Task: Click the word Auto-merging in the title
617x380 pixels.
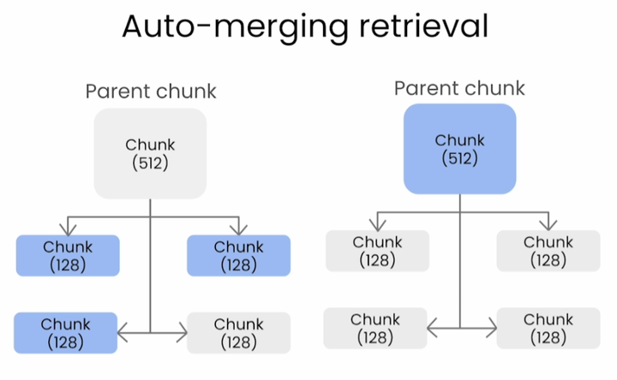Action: pyautogui.click(x=233, y=27)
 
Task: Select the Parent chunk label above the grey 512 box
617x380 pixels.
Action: pyautogui.click(x=151, y=92)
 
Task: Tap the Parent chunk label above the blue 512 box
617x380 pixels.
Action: pyautogui.click(x=459, y=88)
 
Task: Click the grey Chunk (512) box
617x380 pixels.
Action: pyautogui.click(x=150, y=153)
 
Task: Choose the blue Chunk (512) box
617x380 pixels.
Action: pyautogui.click(x=459, y=149)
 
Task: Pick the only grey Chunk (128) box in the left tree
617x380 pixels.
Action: pyautogui.click(x=238, y=333)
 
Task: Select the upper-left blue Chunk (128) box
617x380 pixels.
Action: pyautogui.click(x=68, y=255)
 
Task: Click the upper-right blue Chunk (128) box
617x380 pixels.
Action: pyautogui.click(x=238, y=255)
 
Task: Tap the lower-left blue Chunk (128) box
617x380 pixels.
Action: pyautogui.click(x=66, y=333)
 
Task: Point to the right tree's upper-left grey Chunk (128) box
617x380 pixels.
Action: pyautogui.click(x=377, y=251)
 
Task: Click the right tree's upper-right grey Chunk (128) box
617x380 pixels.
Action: pyautogui.click(x=548, y=251)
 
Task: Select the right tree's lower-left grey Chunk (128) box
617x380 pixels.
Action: pyautogui.click(x=375, y=329)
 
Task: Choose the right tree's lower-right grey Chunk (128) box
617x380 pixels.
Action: pyautogui.click(x=548, y=329)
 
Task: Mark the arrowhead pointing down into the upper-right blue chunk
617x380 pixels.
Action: pyautogui.click(x=238, y=229)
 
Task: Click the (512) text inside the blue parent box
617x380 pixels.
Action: pyautogui.click(x=459, y=157)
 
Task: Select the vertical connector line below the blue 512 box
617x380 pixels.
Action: pyautogui.click(x=460, y=257)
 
